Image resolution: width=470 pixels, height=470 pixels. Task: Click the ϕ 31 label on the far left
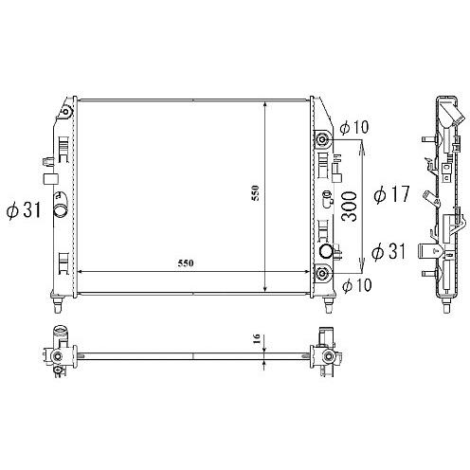(x=24, y=210)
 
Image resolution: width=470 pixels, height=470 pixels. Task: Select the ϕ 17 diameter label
(x=391, y=193)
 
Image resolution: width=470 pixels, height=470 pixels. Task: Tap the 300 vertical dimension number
(x=350, y=207)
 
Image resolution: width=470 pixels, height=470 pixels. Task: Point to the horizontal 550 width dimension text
(x=186, y=263)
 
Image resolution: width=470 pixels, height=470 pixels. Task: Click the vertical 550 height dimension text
(x=255, y=193)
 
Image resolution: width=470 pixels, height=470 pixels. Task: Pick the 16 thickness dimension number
(x=257, y=338)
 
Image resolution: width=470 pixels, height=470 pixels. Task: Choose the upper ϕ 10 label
(x=354, y=127)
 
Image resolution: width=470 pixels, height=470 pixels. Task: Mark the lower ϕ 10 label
(x=357, y=285)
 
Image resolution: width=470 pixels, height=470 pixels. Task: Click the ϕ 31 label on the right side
(x=389, y=251)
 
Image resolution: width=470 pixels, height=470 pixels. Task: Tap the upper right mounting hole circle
(x=323, y=139)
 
